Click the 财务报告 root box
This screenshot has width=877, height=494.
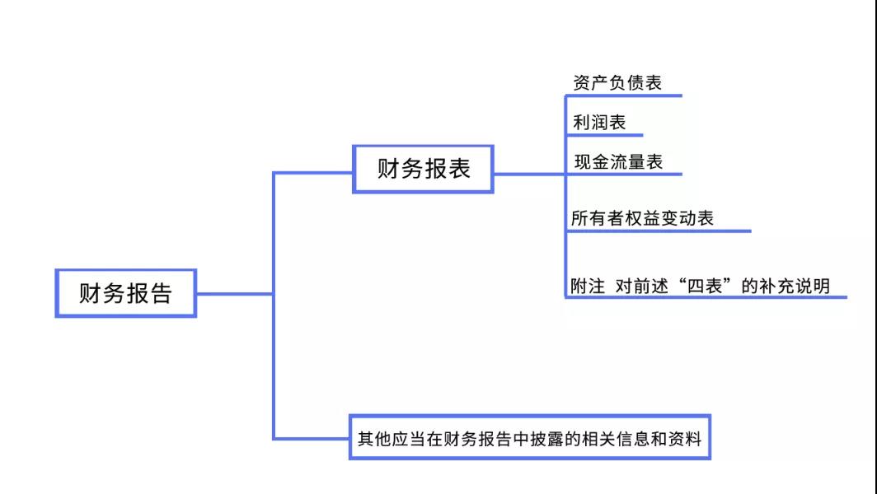click(125, 293)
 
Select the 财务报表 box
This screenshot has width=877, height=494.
click(424, 169)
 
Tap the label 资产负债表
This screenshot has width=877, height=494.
click(617, 83)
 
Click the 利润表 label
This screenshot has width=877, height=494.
click(599, 123)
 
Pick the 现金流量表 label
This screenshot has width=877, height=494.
click(618, 162)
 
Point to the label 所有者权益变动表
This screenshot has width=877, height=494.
click(642, 219)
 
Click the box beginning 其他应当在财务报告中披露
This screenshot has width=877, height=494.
click(529, 436)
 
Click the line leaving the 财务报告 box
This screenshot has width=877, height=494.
click(234, 293)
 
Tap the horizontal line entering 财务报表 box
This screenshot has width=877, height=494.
click(313, 173)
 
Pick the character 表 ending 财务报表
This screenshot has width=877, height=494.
click(459, 169)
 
